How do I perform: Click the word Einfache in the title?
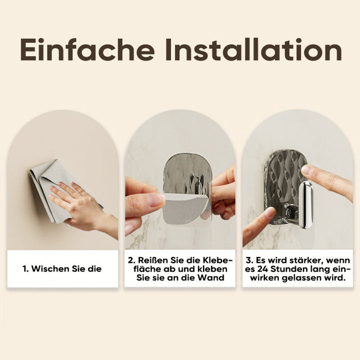click(x=87, y=49)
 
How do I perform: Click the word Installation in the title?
click(x=253, y=49)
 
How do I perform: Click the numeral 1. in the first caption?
click(x=25, y=269)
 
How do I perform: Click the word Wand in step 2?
click(x=211, y=278)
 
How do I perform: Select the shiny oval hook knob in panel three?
click(x=306, y=205)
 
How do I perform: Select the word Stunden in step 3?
click(x=289, y=269)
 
